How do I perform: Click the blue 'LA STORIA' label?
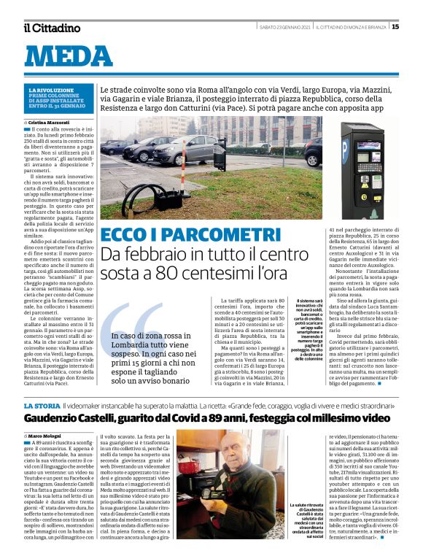click(42, 405)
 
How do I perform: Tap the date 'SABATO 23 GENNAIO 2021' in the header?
click(285, 27)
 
